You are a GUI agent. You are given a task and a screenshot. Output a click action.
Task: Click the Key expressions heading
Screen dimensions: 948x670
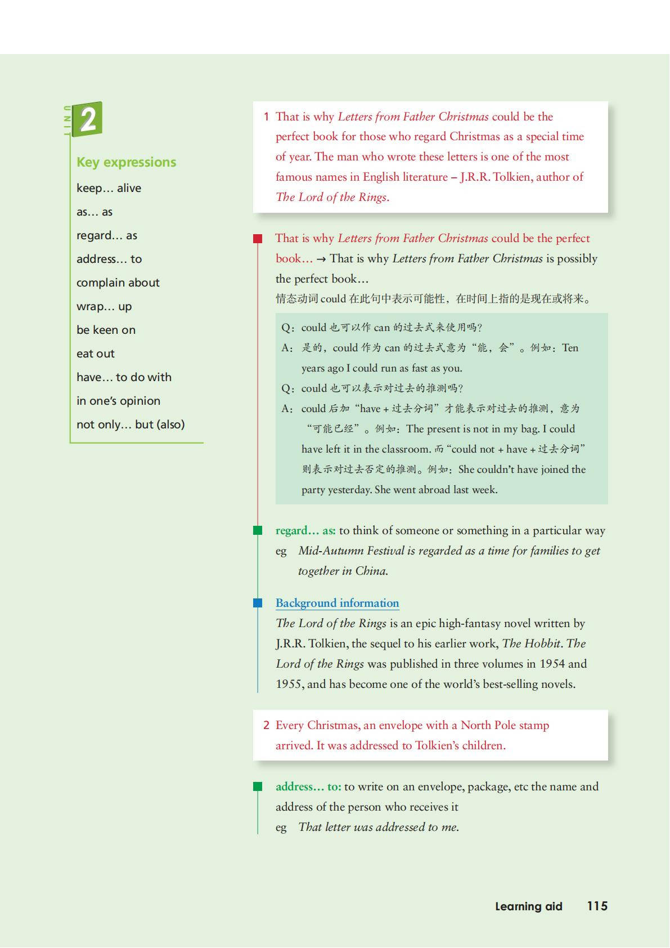(x=126, y=162)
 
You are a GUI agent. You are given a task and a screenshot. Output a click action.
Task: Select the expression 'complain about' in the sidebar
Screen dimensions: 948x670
(x=118, y=283)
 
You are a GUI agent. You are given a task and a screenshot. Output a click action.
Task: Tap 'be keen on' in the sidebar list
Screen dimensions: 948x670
(x=106, y=330)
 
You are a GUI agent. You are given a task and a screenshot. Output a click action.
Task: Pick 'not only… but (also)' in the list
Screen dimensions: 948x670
(x=131, y=424)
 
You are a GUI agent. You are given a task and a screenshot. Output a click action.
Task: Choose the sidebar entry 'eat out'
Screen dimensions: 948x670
(x=95, y=354)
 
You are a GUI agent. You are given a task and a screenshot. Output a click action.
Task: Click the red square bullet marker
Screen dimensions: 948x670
(x=258, y=239)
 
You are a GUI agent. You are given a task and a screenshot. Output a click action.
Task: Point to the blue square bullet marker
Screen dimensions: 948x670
(x=258, y=603)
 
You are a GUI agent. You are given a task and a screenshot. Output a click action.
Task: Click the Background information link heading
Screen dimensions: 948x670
(x=337, y=603)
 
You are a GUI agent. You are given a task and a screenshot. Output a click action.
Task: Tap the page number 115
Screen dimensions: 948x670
(x=597, y=906)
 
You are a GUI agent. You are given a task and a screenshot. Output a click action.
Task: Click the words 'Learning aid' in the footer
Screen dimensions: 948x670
(x=528, y=906)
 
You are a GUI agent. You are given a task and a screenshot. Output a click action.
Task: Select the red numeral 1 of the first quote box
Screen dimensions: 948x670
(x=266, y=117)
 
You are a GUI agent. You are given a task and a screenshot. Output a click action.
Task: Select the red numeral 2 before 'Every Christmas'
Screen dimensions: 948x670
(x=266, y=725)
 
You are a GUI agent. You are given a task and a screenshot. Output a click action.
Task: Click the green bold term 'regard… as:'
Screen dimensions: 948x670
(x=305, y=530)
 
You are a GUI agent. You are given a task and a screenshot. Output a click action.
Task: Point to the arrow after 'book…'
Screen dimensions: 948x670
(x=321, y=259)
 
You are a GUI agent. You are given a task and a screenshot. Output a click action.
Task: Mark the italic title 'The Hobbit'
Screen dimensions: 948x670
(x=531, y=643)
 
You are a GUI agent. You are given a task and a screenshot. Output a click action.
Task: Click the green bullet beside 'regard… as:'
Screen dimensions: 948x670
(x=258, y=530)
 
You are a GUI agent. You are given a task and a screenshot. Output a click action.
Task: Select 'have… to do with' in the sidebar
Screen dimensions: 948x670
(x=124, y=377)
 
